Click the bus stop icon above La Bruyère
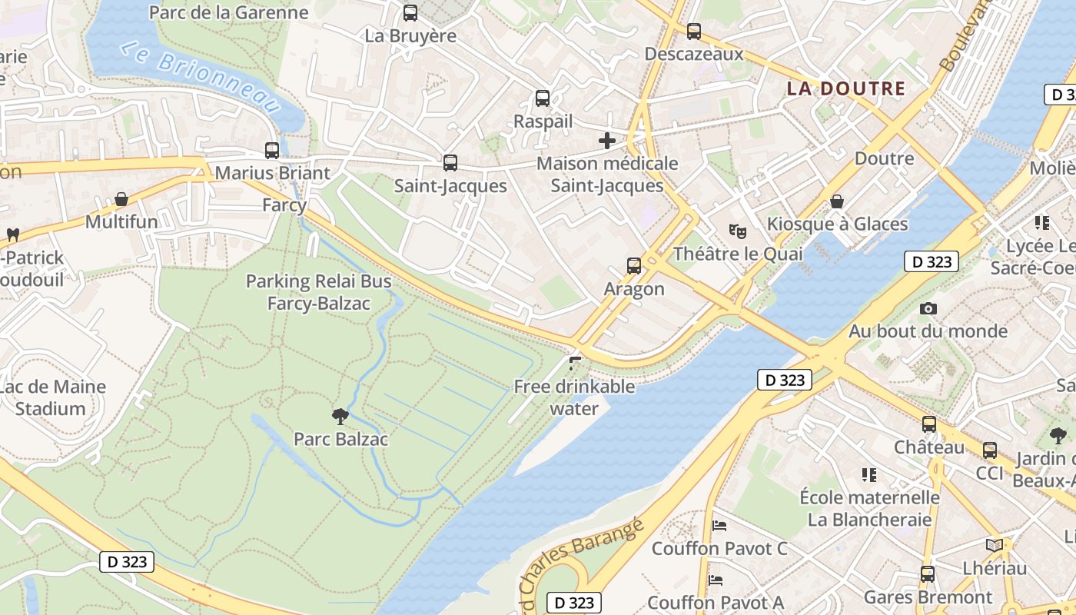click(x=410, y=13)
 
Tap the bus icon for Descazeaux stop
click(x=694, y=32)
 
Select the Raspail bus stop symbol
click(x=543, y=98)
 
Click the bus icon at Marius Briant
click(x=271, y=151)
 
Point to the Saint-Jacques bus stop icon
click(x=450, y=163)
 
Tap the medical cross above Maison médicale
click(x=607, y=141)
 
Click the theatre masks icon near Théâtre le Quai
click(x=738, y=231)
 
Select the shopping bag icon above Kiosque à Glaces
click(x=837, y=201)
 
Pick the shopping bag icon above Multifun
click(x=121, y=200)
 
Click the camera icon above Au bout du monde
click(x=928, y=309)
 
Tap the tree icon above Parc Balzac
click(x=340, y=417)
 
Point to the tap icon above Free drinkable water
click(x=575, y=363)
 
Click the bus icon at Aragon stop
click(x=634, y=266)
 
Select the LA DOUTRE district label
click(x=845, y=88)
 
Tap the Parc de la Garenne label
click(x=228, y=12)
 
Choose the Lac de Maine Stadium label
click(x=52, y=397)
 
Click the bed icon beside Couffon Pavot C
click(x=719, y=526)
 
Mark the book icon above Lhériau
click(x=995, y=545)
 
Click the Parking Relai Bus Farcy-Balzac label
click(x=318, y=292)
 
